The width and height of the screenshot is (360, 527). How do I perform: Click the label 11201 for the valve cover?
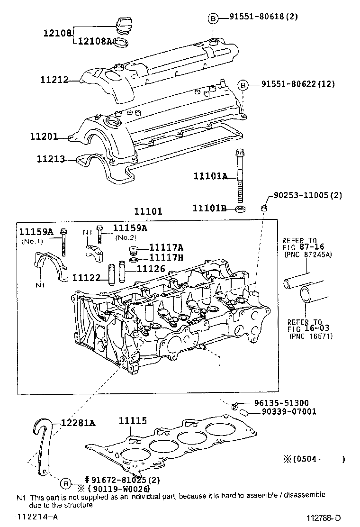[44, 137]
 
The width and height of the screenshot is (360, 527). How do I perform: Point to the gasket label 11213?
[50, 159]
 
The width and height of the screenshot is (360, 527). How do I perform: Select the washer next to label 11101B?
[241, 209]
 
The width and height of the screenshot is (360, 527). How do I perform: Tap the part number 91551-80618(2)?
[264, 17]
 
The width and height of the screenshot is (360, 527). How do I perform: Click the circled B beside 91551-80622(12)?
[243, 85]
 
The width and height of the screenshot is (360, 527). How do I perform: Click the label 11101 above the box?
[147, 211]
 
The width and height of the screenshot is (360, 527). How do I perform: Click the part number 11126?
[151, 269]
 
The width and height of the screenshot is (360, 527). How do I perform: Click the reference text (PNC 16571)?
[310, 336]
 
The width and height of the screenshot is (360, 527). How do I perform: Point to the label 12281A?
[78, 423]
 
